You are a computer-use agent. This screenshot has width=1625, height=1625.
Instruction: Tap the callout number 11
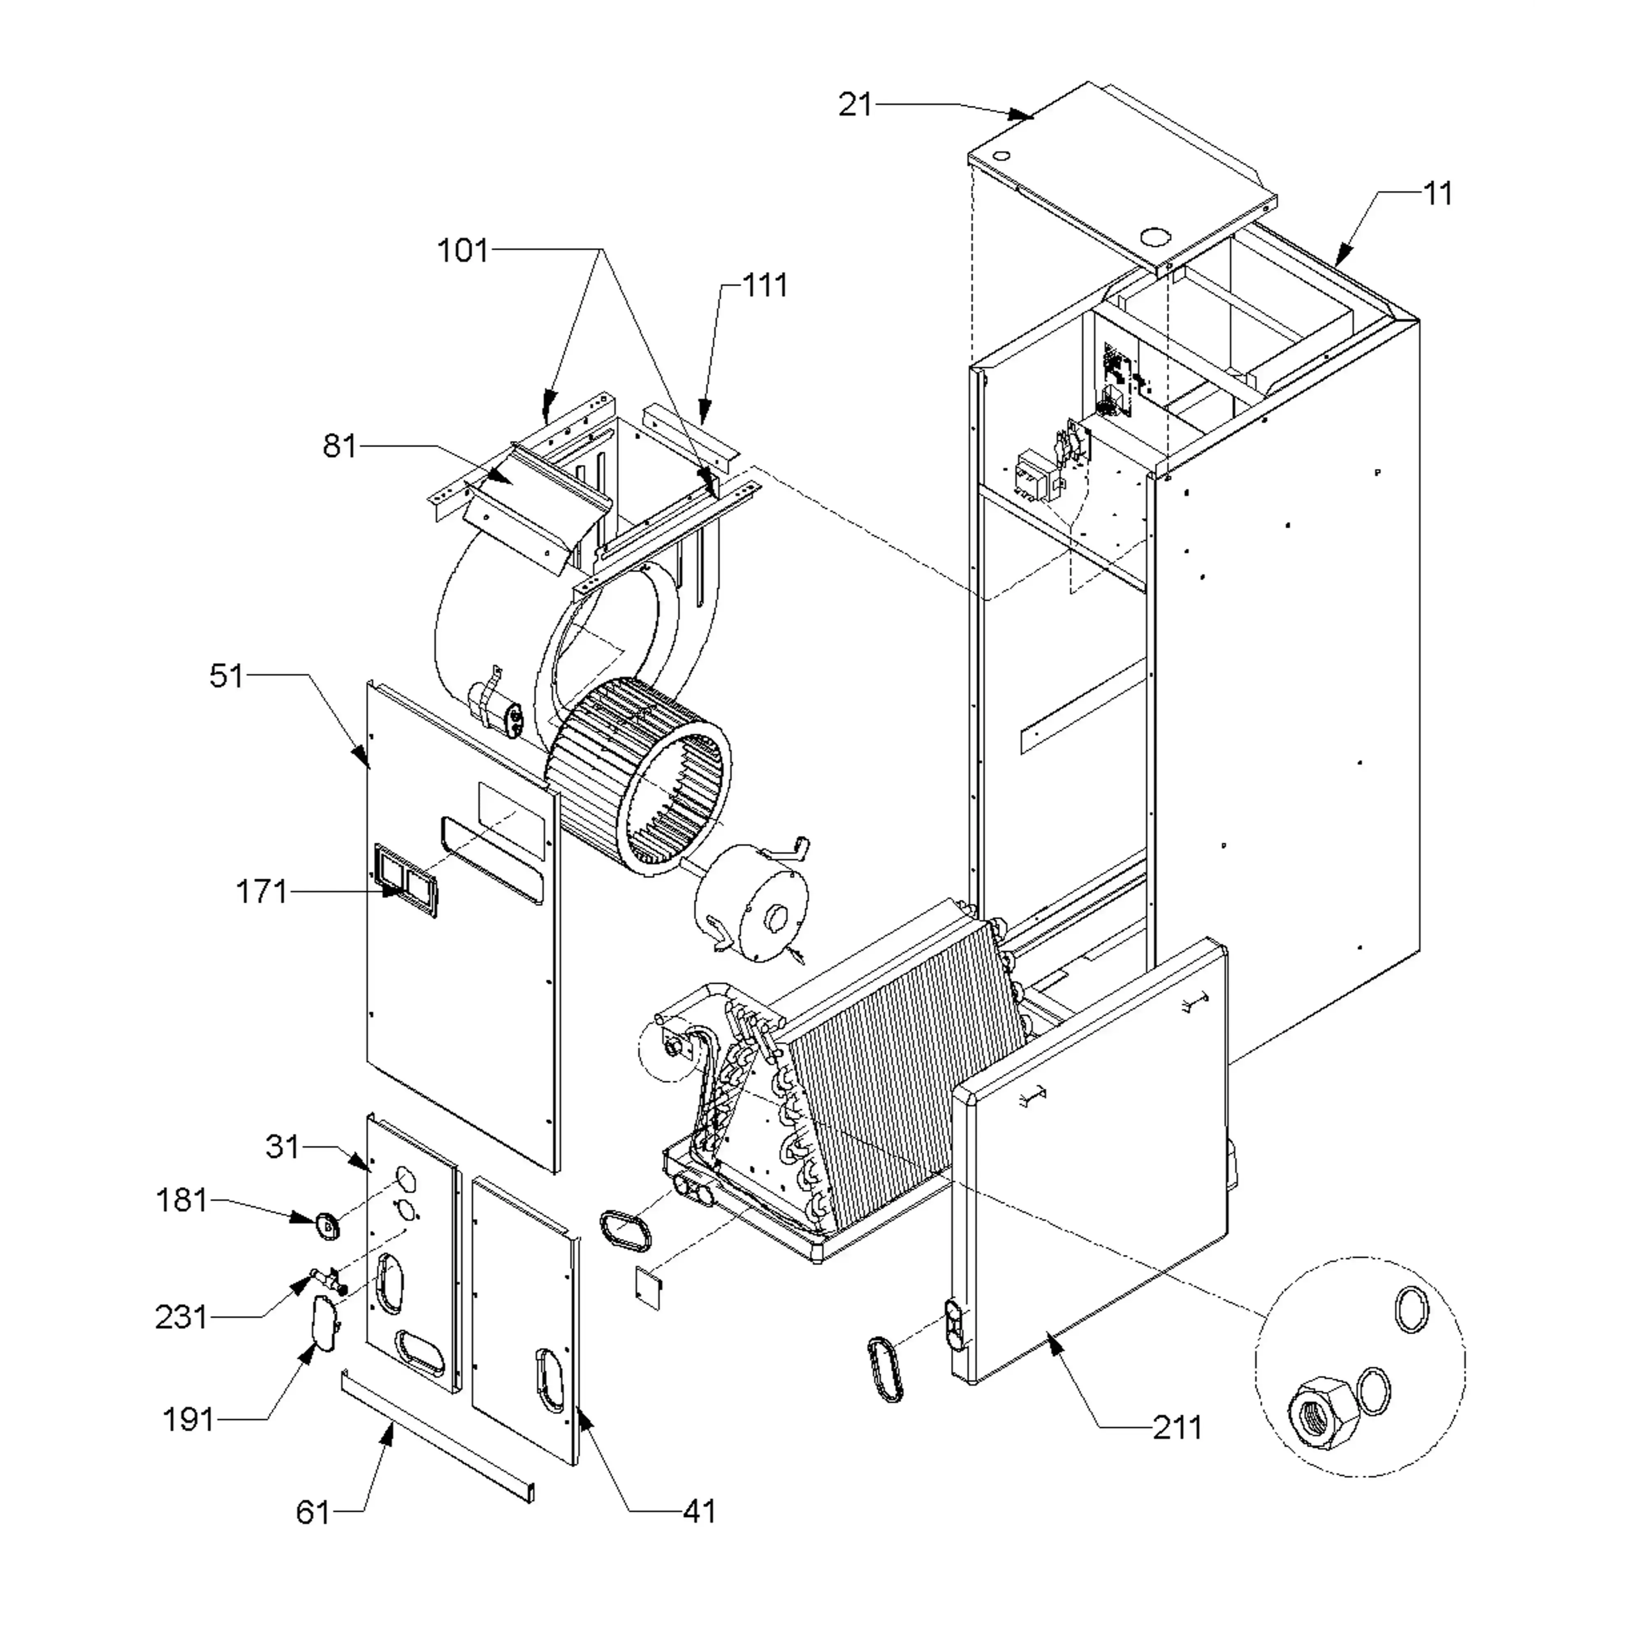(1438, 194)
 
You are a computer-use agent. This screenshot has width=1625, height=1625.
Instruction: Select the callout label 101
(463, 250)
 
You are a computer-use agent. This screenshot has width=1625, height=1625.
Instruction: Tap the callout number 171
(262, 892)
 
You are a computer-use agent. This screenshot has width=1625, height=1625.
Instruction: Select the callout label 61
(313, 1512)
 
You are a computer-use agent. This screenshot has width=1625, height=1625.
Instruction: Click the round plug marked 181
(326, 1225)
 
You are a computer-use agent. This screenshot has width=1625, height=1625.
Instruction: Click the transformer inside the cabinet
(1039, 475)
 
